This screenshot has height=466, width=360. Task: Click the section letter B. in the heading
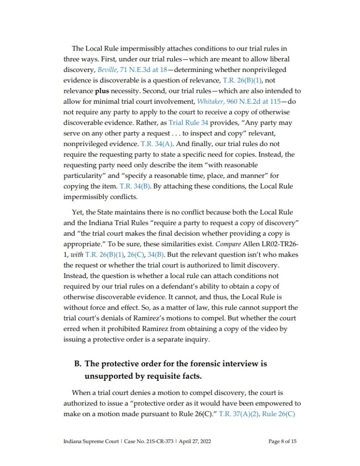click(77, 364)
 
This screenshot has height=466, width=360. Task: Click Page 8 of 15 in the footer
click(283, 441)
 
